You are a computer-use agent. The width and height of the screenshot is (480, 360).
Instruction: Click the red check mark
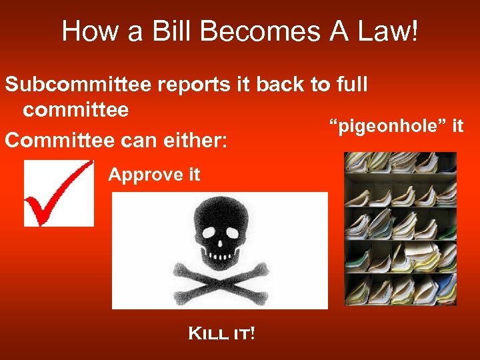[59, 193]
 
